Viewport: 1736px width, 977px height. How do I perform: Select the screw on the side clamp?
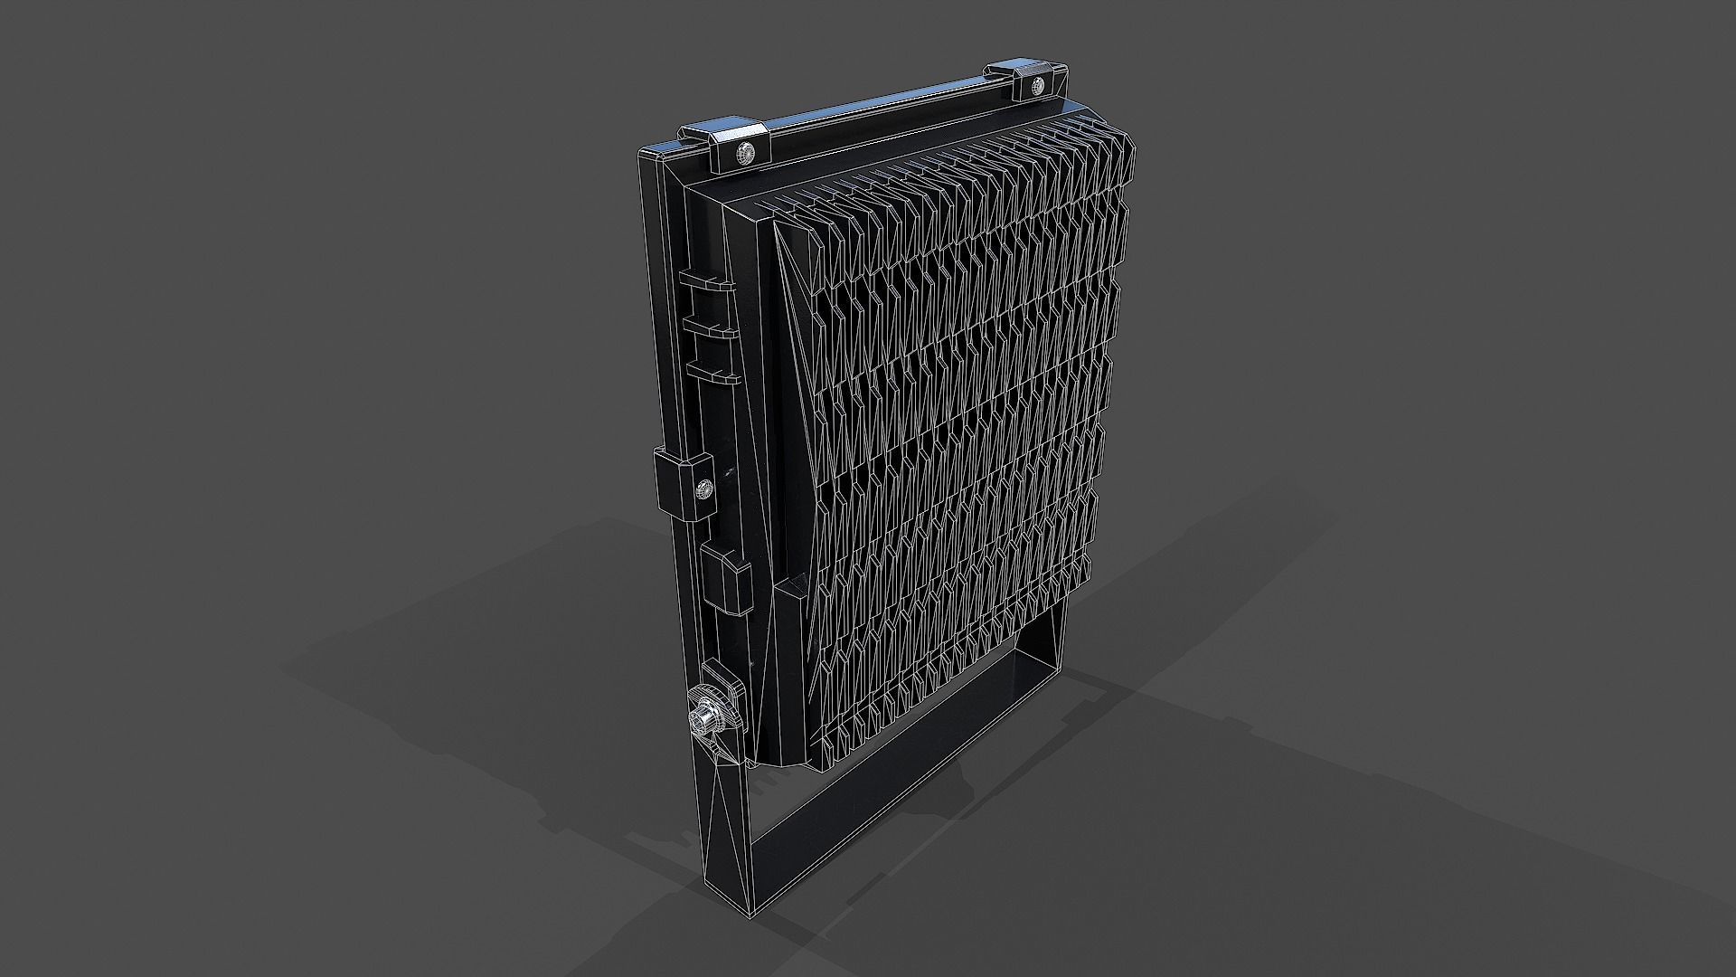click(x=703, y=490)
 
